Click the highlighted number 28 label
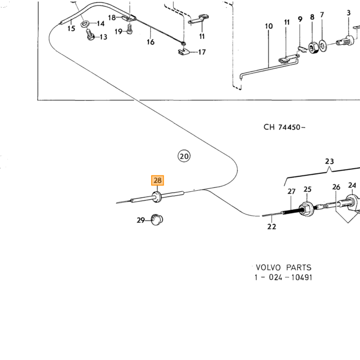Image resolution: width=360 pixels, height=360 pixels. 157,180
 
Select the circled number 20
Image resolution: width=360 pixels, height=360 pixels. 184,156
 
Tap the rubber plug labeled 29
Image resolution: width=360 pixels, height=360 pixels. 157,220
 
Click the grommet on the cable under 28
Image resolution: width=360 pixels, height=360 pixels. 156,197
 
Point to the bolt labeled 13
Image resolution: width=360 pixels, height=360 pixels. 90,34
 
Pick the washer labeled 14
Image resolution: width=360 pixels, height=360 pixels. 85,24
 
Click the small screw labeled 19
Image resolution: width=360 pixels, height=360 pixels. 130,29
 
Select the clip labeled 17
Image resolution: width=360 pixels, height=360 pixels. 184,51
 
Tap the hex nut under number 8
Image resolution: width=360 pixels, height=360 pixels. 313,47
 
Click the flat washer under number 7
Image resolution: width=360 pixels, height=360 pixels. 322,45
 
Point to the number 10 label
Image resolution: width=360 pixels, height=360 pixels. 269,26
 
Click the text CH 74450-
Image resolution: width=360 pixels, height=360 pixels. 284,127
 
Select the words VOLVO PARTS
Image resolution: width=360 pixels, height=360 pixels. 283,267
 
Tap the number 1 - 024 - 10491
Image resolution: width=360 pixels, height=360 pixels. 283,277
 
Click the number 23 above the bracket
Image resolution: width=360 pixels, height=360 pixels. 330,161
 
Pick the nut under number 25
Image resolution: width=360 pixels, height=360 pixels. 307,209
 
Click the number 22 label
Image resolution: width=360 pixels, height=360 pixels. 272,227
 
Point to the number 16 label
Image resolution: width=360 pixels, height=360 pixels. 150,42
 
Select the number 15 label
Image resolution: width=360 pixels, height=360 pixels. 71,28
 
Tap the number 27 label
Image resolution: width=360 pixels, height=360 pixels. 292,191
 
